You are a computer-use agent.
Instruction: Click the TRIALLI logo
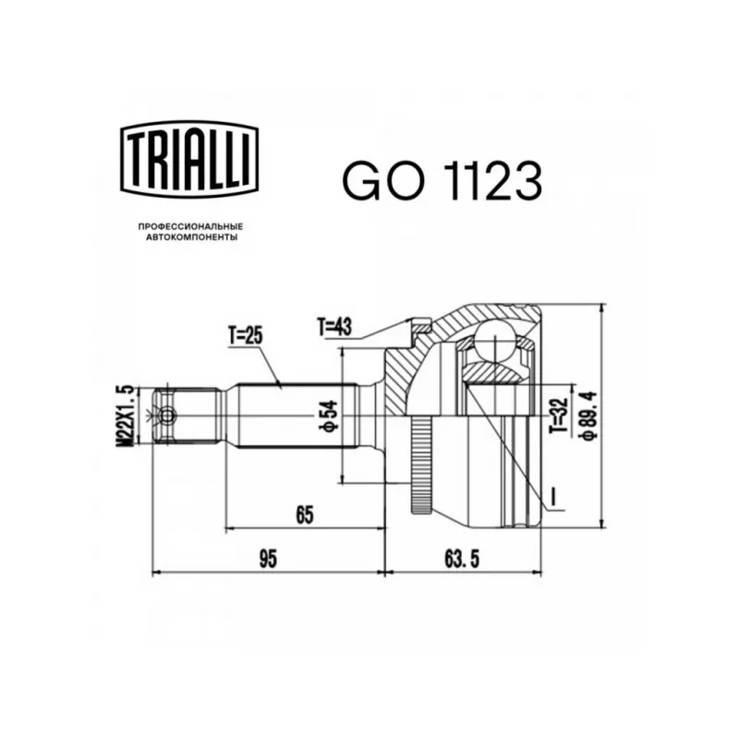(190, 159)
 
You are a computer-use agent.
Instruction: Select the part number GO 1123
(442, 180)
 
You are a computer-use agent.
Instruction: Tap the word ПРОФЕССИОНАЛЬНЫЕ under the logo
(190, 226)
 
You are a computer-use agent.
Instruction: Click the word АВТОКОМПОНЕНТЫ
(191, 237)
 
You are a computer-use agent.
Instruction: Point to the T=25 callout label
(246, 336)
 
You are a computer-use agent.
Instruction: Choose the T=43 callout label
(334, 327)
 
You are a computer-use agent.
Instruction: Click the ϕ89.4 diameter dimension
(588, 415)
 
